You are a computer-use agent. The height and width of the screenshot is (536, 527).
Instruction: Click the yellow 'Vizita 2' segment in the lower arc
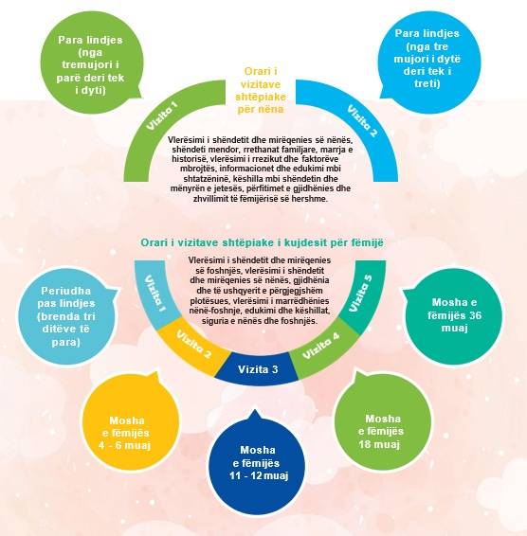[x=193, y=347]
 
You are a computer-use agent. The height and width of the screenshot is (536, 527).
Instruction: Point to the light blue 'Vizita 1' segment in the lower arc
[x=155, y=294]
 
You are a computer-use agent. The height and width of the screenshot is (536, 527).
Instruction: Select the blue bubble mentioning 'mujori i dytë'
[x=427, y=59]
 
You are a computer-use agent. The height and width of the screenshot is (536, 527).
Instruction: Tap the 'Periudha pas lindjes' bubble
[x=66, y=316]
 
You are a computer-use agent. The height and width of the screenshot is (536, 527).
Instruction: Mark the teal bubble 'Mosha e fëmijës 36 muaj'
[x=453, y=316]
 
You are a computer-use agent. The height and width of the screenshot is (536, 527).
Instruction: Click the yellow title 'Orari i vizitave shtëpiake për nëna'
[x=261, y=90]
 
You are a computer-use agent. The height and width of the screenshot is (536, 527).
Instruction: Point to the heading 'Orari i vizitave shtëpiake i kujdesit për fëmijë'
[x=262, y=242]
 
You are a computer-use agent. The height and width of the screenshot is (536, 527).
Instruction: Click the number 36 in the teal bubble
[x=475, y=315]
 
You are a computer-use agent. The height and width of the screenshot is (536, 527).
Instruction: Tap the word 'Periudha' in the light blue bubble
[x=66, y=291]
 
